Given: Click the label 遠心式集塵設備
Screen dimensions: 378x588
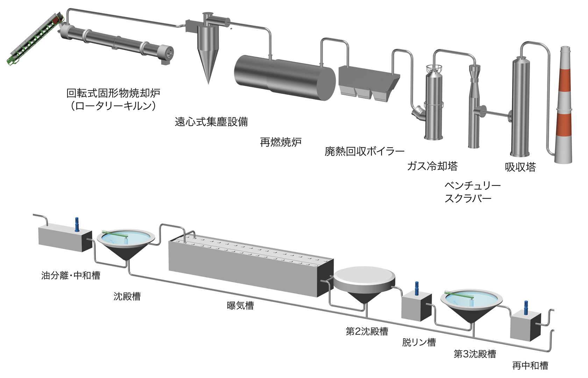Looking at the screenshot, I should point(211,122).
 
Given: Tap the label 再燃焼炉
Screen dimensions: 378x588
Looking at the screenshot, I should point(281,142).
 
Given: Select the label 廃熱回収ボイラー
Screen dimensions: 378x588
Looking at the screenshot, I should point(364,151).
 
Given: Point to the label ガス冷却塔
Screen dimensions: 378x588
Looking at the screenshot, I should point(432,166).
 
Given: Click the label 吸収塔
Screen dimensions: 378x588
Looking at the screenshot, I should point(520,167).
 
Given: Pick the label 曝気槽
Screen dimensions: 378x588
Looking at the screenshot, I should point(240,306).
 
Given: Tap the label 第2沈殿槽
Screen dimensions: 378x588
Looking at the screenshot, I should point(367,331).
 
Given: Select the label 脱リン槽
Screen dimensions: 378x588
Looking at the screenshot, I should point(419,342).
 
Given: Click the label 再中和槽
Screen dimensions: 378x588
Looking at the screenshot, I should point(530,366).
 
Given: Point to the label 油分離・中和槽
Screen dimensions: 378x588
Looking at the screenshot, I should point(71,275).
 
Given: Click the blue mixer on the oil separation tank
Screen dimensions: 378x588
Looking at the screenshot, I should point(77,224).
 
